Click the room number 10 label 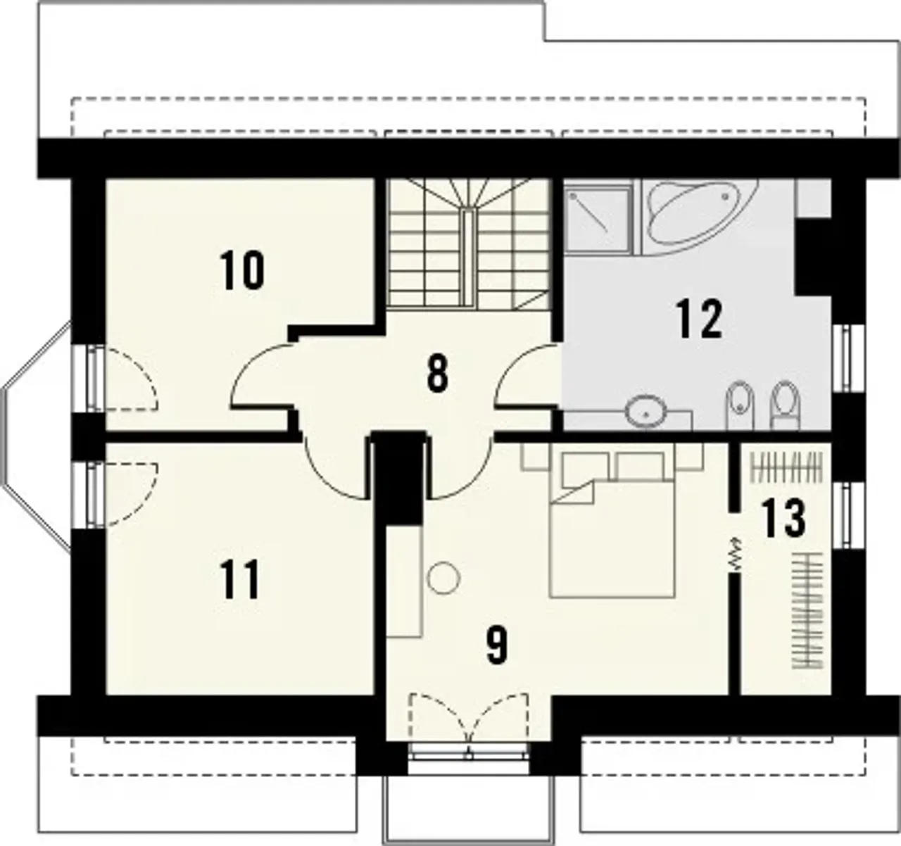(242, 270)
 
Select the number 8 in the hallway (438, 374)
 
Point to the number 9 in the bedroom (496, 645)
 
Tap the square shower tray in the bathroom (598, 217)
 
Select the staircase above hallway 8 (469, 244)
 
